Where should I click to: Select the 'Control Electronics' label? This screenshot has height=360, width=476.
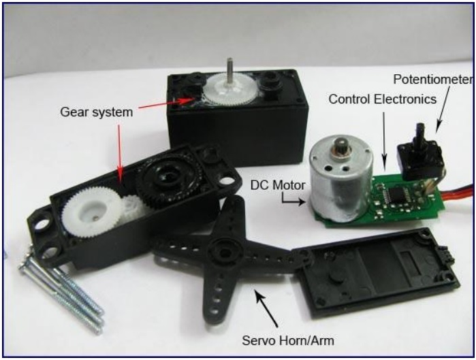[x=382, y=99]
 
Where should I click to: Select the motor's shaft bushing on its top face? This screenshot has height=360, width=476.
[x=340, y=145]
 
